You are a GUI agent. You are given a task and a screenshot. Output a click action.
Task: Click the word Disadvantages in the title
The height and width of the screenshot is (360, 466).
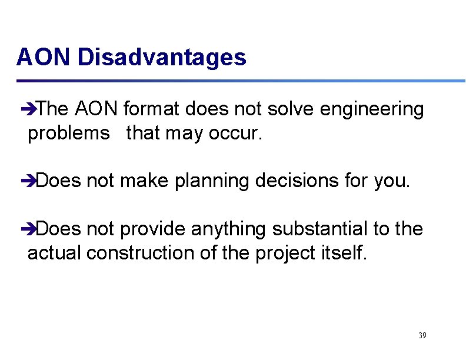162,58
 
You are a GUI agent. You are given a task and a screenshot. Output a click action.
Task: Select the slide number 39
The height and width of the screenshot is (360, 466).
422,335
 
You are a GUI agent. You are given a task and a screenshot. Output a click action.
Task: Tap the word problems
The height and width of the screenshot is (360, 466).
69,134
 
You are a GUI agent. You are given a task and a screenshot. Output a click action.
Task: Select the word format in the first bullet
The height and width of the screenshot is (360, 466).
152,109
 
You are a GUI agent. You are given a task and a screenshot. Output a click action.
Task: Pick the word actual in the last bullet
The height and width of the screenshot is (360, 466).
55,253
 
